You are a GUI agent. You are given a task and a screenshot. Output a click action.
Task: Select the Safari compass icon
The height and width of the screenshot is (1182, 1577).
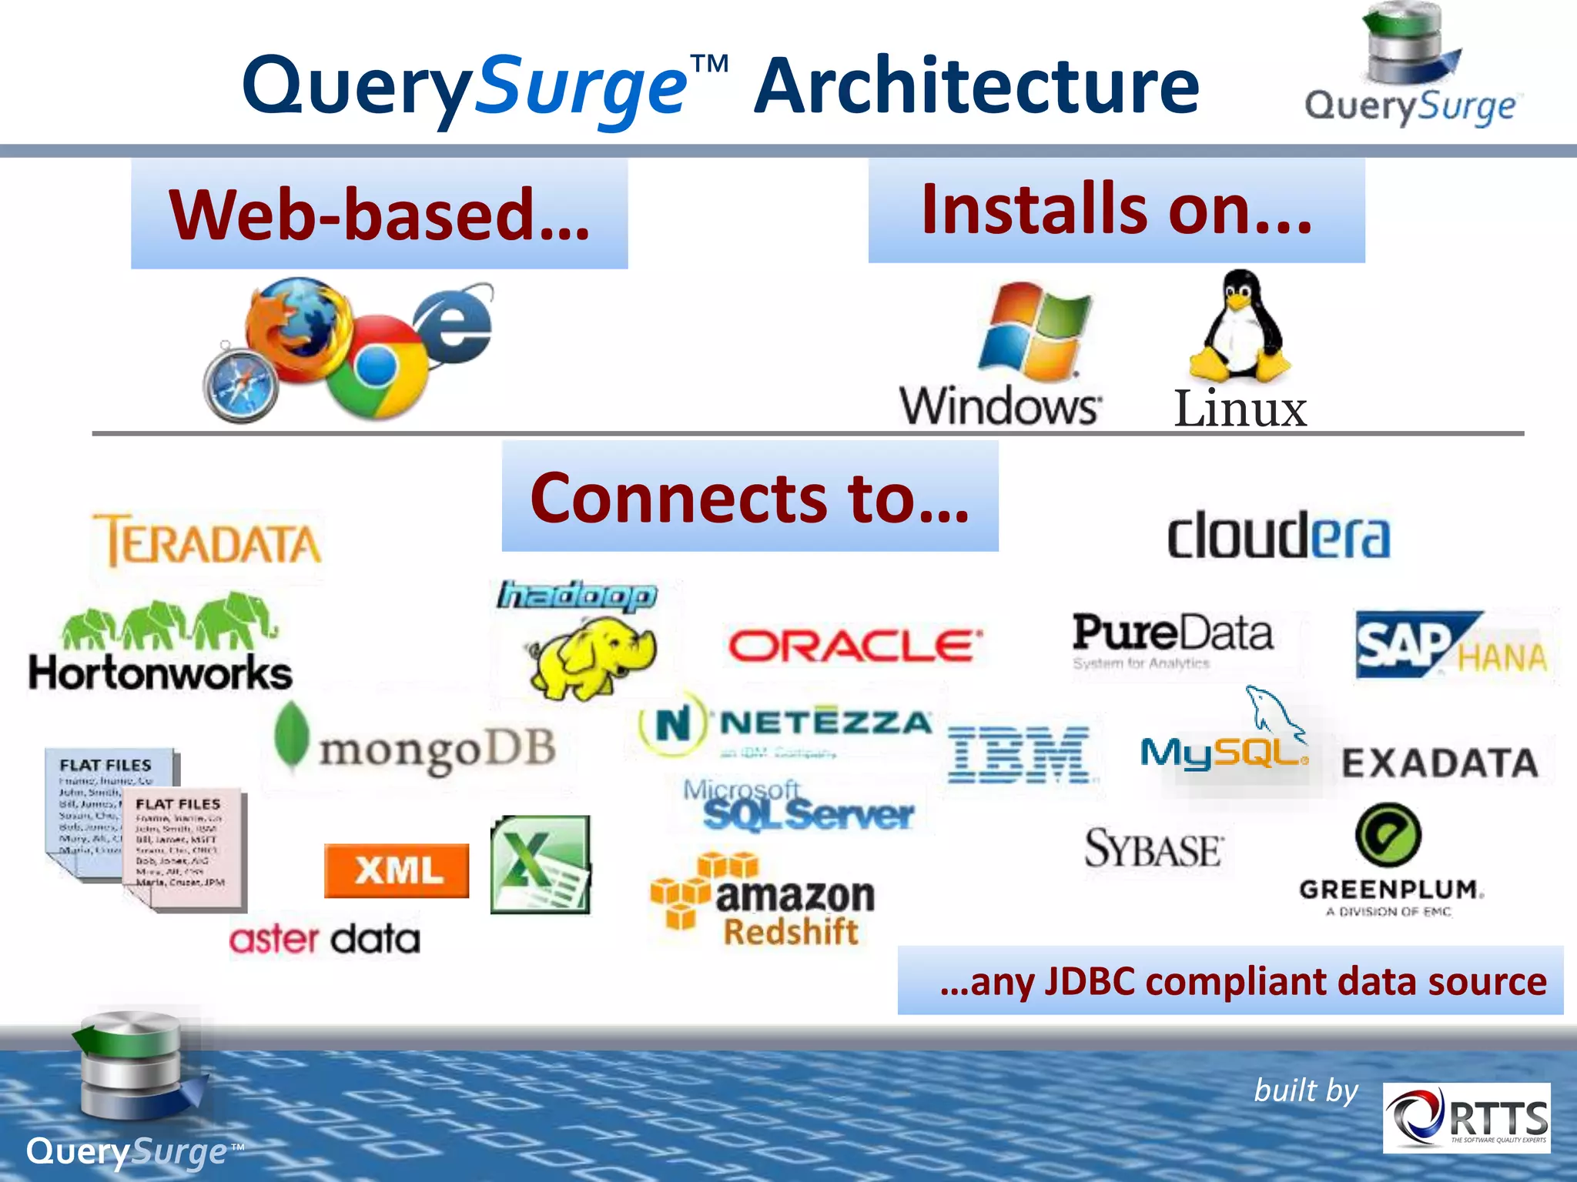click(x=240, y=383)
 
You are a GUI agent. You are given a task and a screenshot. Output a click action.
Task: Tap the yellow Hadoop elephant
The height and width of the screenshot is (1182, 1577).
click(x=591, y=659)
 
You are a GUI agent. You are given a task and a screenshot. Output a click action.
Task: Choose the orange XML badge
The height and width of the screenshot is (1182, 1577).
click(x=397, y=870)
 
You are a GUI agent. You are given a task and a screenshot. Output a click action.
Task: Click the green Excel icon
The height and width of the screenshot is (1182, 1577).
click(x=541, y=865)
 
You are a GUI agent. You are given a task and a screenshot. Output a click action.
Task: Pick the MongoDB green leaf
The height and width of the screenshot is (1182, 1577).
click(x=292, y=735)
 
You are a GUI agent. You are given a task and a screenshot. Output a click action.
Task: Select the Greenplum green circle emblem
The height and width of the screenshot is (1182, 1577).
click(x=1388, y=836)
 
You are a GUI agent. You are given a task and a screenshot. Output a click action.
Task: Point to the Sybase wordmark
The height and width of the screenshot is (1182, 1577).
click(x=1153, y=849)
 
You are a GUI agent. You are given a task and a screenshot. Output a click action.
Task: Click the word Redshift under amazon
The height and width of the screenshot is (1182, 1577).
click(x=791, y=932)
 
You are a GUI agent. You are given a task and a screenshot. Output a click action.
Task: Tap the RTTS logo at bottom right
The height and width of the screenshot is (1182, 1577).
click(x=1466, y=1117)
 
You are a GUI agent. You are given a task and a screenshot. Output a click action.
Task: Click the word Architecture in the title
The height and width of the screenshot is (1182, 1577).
click(x=976, y=86)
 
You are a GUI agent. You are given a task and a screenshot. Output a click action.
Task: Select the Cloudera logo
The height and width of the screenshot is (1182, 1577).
click(x=1278, y=536)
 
